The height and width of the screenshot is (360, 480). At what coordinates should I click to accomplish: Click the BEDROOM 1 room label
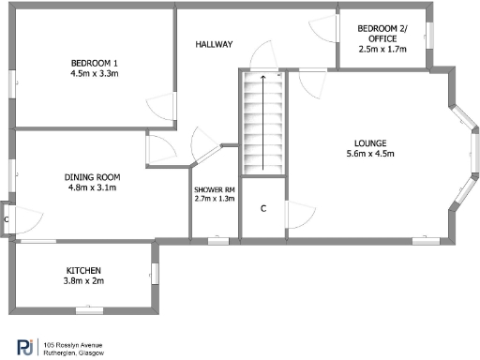[91, 62]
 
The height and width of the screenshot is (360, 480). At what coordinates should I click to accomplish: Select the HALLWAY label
[214, 45]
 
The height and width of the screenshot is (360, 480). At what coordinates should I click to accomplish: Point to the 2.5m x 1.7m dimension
[382, 51]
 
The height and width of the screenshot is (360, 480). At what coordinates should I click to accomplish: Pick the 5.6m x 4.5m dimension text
[362, 155]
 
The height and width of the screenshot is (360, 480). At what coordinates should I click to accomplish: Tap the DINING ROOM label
[92, 176]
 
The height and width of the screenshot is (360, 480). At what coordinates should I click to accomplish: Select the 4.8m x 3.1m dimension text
[92, 187]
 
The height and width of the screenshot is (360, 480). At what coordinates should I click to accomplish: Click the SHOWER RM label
[215, 189]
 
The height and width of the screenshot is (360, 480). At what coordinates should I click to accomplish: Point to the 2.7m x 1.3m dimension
[215, 199]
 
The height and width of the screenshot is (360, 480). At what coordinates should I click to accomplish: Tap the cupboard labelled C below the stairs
[262, 207]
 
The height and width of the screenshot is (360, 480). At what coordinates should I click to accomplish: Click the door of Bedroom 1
[161, 104]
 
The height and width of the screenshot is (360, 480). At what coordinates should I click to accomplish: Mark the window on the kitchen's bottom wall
[88, 308]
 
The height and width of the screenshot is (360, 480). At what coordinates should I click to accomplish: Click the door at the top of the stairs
[263, 56]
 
